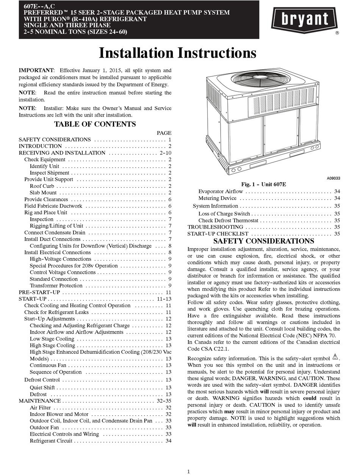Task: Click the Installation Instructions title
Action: pos(177,53)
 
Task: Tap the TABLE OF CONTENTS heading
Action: pos(95,124)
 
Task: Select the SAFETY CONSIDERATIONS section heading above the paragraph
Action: pos(263,241)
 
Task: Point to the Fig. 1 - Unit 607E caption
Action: pos(264,184)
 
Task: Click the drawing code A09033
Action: pos(333,178)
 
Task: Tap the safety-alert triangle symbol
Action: pos(335,357)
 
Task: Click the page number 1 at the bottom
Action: pos(188,471)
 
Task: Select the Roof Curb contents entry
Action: pos(42,186)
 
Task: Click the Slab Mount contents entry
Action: pos(43,193)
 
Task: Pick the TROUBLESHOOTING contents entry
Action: pos(215,227)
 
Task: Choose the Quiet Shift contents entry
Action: pos(42,387)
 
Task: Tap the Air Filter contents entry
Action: pos(40,408)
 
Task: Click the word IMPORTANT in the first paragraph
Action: pos(36,70)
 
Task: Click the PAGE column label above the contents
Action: pos(164,133)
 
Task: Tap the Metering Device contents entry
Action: pos(217,198)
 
